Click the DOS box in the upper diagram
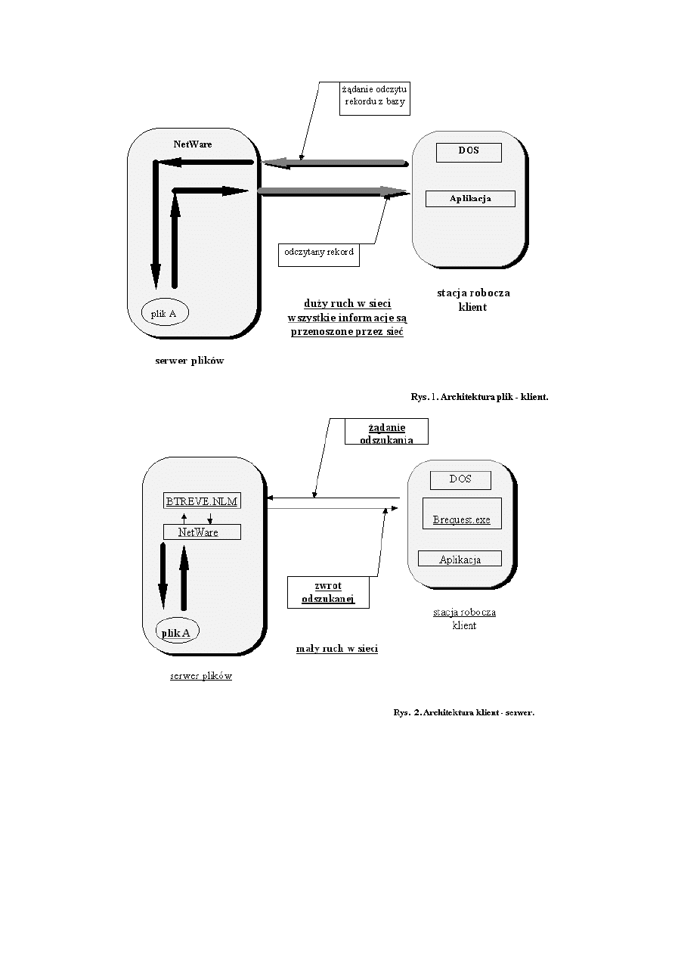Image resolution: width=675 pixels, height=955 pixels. pos(469,150)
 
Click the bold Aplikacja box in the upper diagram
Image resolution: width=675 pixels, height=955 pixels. pos(470,198)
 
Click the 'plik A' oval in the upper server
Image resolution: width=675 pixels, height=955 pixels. pos(165,313)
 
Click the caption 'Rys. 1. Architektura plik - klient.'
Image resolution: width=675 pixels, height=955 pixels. pos(479,395)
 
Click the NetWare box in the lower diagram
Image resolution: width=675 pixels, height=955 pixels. pos(202,532)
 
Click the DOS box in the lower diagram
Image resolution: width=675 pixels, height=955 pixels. pos(460,479)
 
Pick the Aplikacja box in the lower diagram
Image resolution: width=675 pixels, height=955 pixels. pos(460,559)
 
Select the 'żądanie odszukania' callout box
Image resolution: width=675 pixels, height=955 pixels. pos(385,432)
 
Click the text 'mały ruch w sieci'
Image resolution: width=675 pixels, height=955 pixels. pos(337,649)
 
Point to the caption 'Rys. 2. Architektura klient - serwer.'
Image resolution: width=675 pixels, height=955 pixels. pos(464,712)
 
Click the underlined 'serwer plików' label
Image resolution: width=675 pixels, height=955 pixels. pos(201,675)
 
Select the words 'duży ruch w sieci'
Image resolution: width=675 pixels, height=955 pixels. pos(348,303)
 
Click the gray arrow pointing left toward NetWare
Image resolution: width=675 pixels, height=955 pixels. pos(333,162)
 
